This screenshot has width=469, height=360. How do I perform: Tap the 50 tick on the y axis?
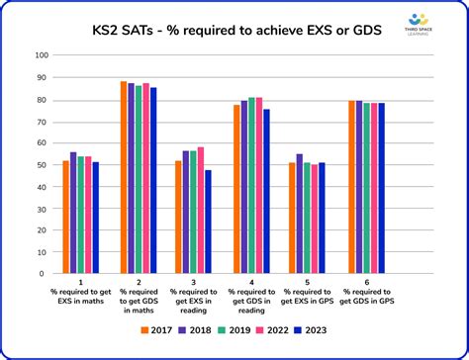tap(43, 165)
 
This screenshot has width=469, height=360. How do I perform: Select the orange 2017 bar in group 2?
tap(124, 179)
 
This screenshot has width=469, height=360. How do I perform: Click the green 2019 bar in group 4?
tap(251, 187)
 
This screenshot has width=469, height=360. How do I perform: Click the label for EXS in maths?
tap(81, 297)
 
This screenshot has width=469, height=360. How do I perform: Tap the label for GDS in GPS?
tap(366, 297)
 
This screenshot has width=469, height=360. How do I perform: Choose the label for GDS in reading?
tap(251, 301)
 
